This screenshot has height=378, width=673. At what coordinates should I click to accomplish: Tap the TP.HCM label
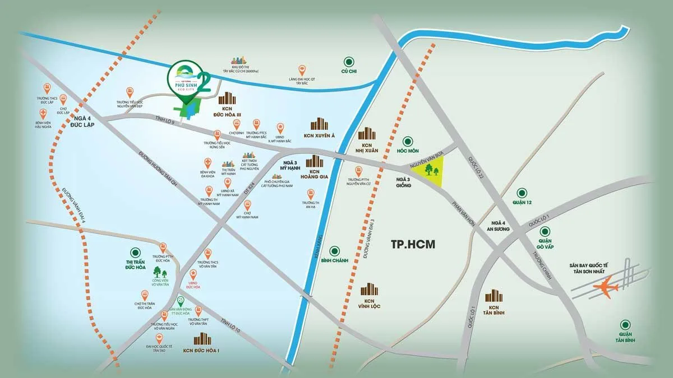coord(413,244)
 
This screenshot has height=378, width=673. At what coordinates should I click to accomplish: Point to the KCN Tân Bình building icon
coord(494,296)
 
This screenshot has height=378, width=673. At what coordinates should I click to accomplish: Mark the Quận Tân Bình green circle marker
coord(625,324)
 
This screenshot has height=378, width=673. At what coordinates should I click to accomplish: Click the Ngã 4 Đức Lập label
coord(82,122)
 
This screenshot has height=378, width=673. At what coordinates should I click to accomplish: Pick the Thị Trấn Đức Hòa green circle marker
coord(135,253)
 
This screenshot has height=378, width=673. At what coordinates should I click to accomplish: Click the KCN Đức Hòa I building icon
coord(201,339)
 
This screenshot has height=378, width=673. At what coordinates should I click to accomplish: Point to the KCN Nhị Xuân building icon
coord(367,133)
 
